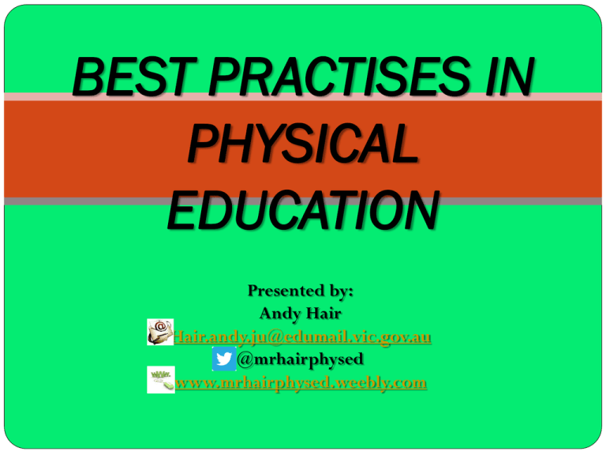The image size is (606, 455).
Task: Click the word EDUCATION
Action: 302,212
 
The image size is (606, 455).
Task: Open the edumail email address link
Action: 303,337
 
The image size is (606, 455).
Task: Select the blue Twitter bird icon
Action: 223,359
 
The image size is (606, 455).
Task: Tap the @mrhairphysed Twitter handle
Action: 301,359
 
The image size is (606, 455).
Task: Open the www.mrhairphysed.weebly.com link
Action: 301,383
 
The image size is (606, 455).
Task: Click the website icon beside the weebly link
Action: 161,380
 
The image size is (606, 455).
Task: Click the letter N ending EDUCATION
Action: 420,212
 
